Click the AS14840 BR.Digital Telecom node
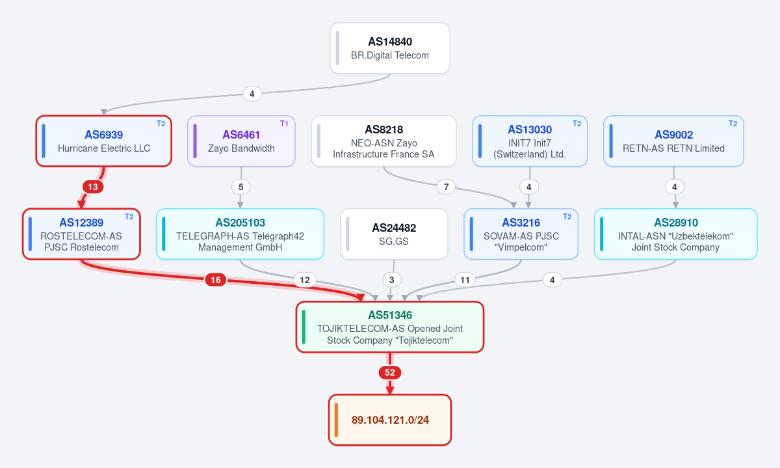click(389, 48)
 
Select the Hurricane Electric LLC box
click(104, 141)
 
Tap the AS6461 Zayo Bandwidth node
click(241, 141)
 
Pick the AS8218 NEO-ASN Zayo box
click(383, 141)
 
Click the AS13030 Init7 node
click(530, 141)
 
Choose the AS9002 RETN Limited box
click(673, 141)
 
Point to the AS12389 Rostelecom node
click(81, 234)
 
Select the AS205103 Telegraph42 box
click(240, 234)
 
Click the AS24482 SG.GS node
click(394, 234)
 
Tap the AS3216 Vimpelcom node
click(521, 234)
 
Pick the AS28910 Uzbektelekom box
click(675, 234)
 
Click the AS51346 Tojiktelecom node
click(390, 327)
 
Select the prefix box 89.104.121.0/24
click(390, 420)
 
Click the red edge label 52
click(389, 372)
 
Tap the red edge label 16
click(216, 280)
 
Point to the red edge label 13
click(93, 187)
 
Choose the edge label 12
click(305, 280)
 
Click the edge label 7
click(446, 187)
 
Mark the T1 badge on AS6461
click(284, 124)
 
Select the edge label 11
click(465, 280)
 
